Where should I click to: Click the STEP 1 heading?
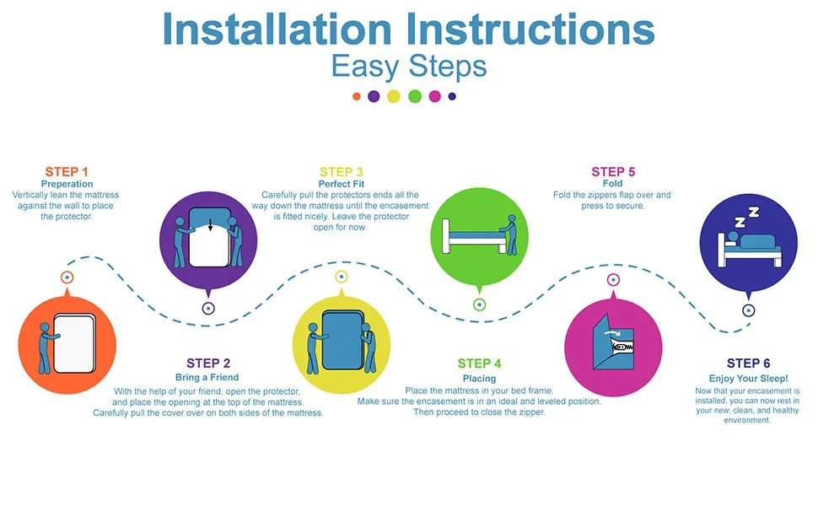tap(67, 172)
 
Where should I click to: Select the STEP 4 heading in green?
tap(479, 363)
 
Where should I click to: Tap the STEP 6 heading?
tap(748, 363)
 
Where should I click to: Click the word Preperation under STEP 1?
tap(67, 184)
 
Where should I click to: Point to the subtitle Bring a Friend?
tap(207, 377)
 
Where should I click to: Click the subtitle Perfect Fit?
tap(342, 184)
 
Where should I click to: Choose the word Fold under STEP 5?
tap(612, 183)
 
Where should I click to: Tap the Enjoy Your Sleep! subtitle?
tap(748, 378)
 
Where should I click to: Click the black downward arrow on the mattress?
tap(210, 225)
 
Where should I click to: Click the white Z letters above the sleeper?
tap(746, 217)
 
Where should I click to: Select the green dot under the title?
tap(415, 96)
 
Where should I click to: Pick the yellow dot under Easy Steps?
tap(394, 96)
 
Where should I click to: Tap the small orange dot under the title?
tap(357, 96)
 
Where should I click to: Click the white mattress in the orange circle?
tap(74, 343)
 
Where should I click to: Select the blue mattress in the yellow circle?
tap(342, 341)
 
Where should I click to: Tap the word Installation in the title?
tap(277, 29)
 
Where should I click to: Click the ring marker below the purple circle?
tap(208, 309)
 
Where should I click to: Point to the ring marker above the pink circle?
tap(613, 280)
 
